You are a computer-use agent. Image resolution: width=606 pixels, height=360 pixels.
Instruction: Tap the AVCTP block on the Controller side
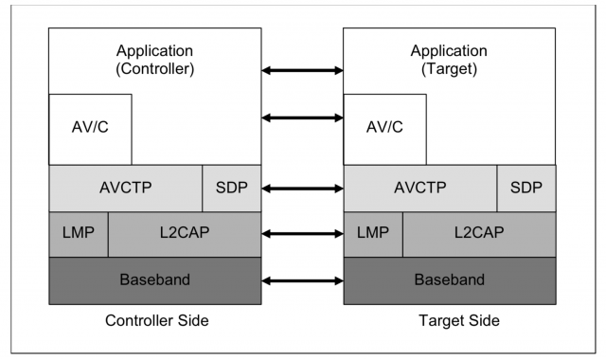126,188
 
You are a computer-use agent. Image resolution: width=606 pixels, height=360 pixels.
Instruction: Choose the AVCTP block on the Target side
420,188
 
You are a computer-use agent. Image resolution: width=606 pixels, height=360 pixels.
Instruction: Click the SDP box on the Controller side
232,188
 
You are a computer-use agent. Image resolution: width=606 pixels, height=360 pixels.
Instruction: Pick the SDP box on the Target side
526,188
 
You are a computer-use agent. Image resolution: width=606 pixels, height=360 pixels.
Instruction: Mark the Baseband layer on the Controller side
155,280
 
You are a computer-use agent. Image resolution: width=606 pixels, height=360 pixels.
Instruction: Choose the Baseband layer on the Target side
450,280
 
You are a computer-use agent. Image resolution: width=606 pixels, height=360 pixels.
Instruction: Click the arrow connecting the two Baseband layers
302,281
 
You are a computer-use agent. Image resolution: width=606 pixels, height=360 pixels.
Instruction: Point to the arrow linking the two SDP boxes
302,189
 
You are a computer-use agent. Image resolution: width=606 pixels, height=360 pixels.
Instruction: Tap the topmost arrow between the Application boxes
302,70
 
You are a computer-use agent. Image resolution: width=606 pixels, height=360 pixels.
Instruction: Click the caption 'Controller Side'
155,321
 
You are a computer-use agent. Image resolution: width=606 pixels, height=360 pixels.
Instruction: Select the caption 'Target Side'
450,321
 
